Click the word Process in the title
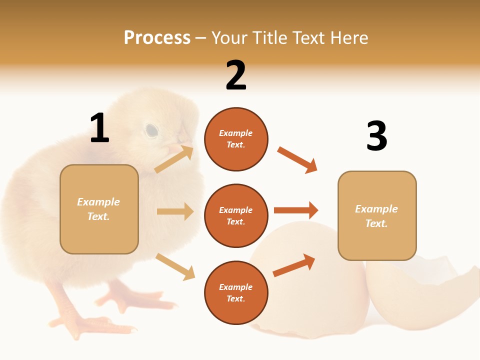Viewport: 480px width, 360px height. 157,38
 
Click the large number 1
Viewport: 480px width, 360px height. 99,128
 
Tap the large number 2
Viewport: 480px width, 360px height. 236,75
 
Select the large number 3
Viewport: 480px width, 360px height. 376,136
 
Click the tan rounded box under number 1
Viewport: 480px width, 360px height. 99,209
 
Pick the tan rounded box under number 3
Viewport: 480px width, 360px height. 377,215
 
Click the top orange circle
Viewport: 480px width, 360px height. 236,139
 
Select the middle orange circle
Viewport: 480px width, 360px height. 236,215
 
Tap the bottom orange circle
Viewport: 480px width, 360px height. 236,292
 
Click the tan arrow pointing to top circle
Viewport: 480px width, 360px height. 174,159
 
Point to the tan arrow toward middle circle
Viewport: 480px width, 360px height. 175,211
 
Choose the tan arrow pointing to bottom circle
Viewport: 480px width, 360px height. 175,266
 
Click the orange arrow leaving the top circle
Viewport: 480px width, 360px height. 297,159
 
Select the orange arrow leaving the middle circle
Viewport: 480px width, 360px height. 296,210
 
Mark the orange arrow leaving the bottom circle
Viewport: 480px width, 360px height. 294,265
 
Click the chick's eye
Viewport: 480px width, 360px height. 151,130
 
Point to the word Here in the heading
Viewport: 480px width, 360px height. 347,38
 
